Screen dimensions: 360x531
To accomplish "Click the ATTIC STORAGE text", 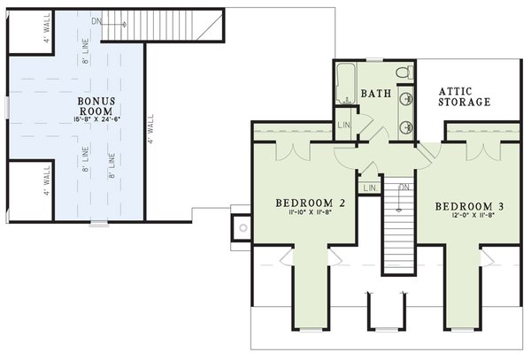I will point(465,96).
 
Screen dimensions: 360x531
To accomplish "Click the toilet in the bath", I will point(402,71).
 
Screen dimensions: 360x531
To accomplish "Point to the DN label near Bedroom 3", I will point(404,187).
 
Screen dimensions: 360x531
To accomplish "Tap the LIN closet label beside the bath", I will point(344,126).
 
